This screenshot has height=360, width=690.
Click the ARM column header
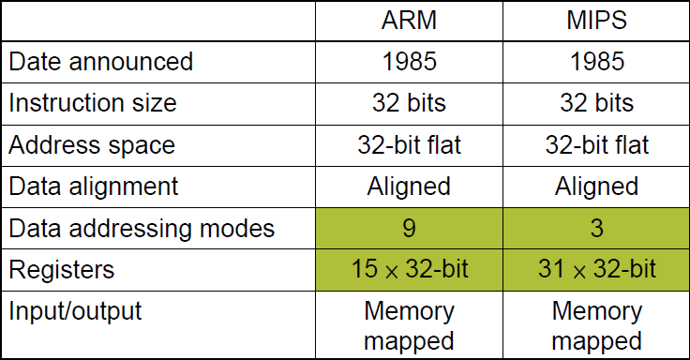[408, 21]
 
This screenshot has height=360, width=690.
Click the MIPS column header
[596, 21]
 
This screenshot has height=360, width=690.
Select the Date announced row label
[101, 62]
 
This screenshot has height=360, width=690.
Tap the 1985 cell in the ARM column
[408, 62]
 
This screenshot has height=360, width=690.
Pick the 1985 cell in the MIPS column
[596, 62]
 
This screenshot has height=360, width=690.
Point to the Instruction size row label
[93, 103]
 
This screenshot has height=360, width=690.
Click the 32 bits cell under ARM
[408, 103]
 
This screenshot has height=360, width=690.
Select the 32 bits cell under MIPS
[596, 103]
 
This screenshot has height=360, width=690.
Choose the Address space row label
[92, 145]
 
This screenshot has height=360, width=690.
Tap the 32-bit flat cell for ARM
[408, 145]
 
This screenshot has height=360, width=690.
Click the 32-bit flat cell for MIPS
[596, 145]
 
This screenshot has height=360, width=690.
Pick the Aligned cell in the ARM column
[408, 187]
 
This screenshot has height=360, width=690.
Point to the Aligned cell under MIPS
[596, 187]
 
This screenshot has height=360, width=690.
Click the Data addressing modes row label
[142, 229]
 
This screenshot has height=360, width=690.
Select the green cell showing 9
[408, 229]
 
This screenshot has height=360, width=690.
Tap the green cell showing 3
[596, 229]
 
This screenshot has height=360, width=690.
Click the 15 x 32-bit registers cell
[408, 270]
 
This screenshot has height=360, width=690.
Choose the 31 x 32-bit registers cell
[596, 270]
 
